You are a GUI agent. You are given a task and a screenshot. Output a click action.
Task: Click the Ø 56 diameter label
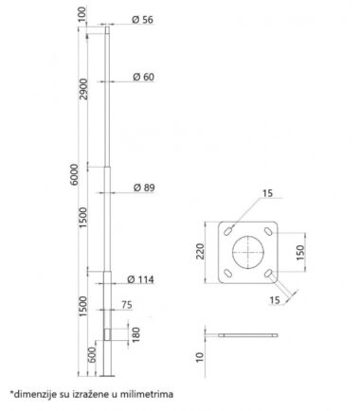click(x=142, y=20)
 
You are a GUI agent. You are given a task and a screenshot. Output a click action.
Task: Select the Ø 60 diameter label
click(x=143, y=77)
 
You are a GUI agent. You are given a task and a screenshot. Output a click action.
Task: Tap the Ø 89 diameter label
click(x=144, y=188)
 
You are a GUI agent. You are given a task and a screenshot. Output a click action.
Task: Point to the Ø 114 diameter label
click(x=140, y=279)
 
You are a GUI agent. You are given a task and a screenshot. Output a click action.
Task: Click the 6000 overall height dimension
click(x=75, y=174)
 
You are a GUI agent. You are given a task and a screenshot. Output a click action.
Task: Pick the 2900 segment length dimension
click(x=84, y=89)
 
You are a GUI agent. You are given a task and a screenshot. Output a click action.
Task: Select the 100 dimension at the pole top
click(x=81, y=14)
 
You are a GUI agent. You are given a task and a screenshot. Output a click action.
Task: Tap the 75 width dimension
click(x=127, y=305)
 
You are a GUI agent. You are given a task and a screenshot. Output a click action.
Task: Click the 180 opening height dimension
click(x=135, y=335)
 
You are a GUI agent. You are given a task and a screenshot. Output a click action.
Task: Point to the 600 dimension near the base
click(x=91, y=355)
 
